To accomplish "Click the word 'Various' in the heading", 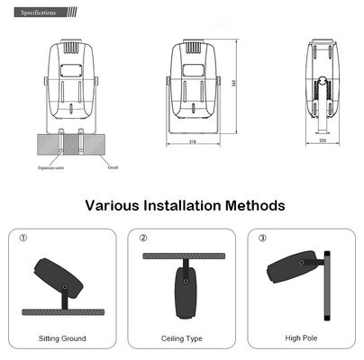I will click(x=114, y=206).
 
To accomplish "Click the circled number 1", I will click(x=23, y=238).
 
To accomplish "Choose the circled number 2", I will click(x=143, y=238).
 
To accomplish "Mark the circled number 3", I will click(x=262, y=238).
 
